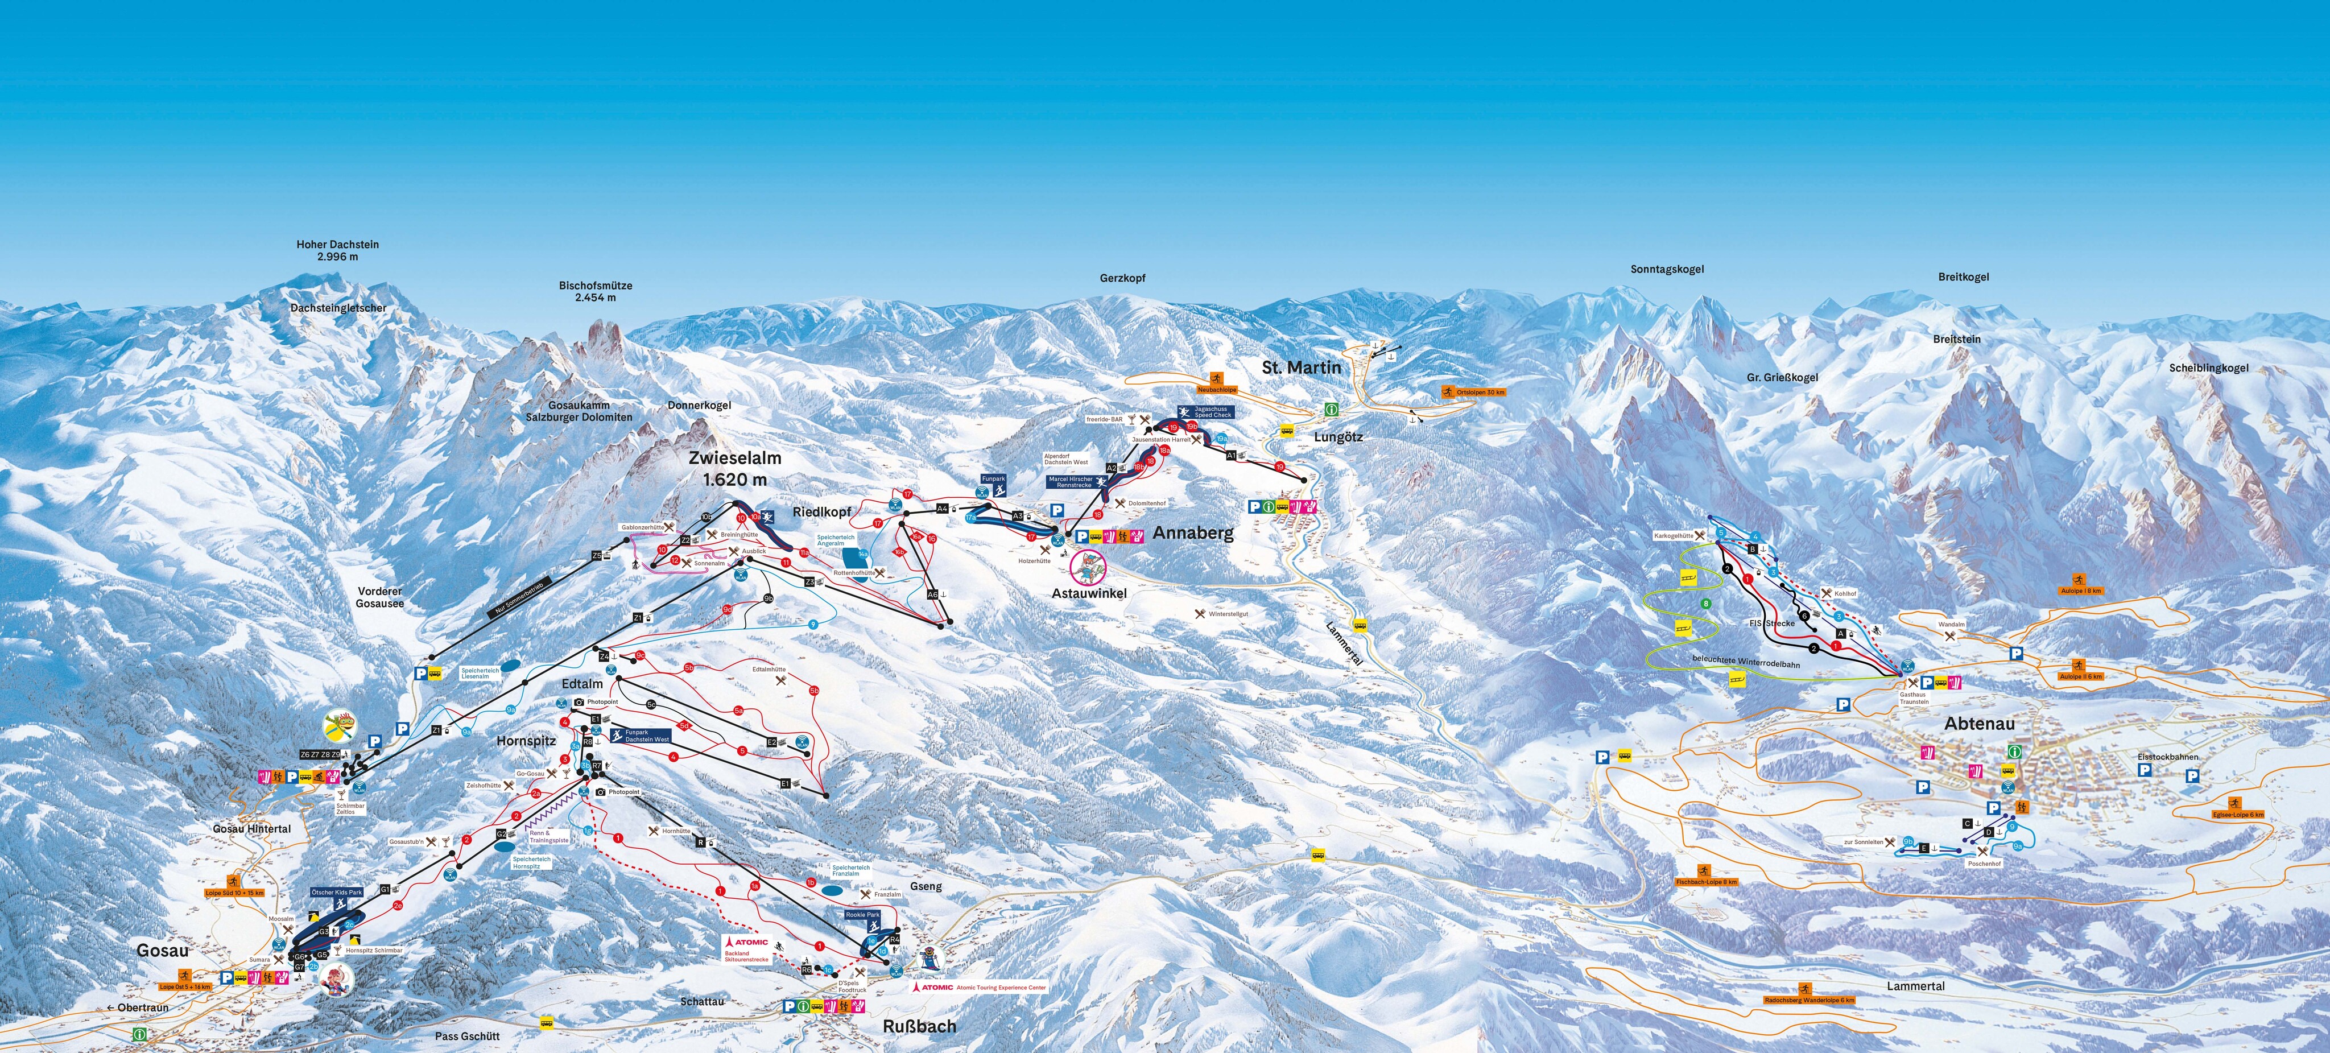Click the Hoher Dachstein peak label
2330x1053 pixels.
(337, 250)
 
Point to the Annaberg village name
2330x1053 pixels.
(1192, 533)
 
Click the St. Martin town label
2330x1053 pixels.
(1302, 367)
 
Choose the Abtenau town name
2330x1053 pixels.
(1979, 724)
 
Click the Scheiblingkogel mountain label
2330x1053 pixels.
(2208, 368)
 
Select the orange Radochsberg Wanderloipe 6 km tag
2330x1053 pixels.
(1809, 1000)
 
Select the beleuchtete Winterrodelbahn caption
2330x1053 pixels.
(1746, 663)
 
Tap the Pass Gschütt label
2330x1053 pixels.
(466, 1036)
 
